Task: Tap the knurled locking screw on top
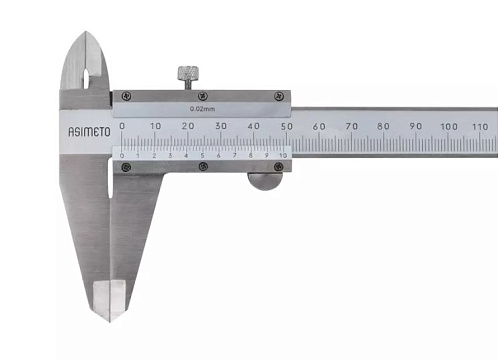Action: point(187,75)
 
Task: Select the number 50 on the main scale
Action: point(286,126)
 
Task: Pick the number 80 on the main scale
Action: point(383,126)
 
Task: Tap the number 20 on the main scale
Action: point(188,126)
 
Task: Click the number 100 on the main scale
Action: point(448,126)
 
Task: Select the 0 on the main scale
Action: point(122,126)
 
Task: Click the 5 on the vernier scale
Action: point(203,156)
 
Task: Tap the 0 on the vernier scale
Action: point(123,156)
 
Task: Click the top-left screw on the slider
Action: point(124,96)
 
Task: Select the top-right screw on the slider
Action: point(280,96)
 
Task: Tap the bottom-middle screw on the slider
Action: point(203,166)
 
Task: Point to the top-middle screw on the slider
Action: point(203,96)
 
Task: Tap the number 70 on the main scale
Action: point(351,126)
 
